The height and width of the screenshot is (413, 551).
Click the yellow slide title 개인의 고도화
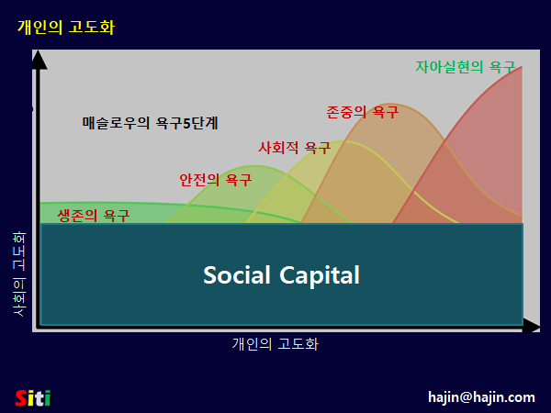(x=66, y=27)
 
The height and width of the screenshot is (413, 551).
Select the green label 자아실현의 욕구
(x=466, y=67)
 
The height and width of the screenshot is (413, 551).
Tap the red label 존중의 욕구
(x=363, y=112)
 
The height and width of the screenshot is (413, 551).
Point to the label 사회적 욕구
(x=295, y=148)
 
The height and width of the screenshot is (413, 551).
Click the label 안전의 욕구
(x=216, y=180)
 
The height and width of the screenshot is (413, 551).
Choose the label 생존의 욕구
(x=94, y=216)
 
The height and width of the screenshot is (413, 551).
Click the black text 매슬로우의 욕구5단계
(x=150, y=123)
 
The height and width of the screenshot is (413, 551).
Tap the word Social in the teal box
(x=237, y=274)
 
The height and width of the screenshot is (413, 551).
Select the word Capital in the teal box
(x=320, y=276)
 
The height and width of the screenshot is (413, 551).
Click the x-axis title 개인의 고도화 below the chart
(x=275, y=344)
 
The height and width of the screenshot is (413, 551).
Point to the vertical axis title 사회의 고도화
(x=19, y=273)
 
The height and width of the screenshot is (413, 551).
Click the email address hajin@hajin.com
(x=481, y=397)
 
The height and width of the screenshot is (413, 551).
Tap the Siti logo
(x=33, y=398)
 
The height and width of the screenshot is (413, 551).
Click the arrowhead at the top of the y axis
(x=39, y=60)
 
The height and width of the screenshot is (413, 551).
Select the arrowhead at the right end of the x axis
(x=531, y=326)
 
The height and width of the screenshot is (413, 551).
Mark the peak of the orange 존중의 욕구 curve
(x=389, y=104)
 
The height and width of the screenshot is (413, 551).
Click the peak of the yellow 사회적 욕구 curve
(x=340, y=141)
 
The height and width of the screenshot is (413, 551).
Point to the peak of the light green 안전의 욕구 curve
(x=255, y=165)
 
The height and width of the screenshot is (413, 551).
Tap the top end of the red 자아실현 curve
(x=522, y=67)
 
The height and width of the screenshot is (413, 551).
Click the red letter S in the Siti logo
(x=21, y=398)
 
